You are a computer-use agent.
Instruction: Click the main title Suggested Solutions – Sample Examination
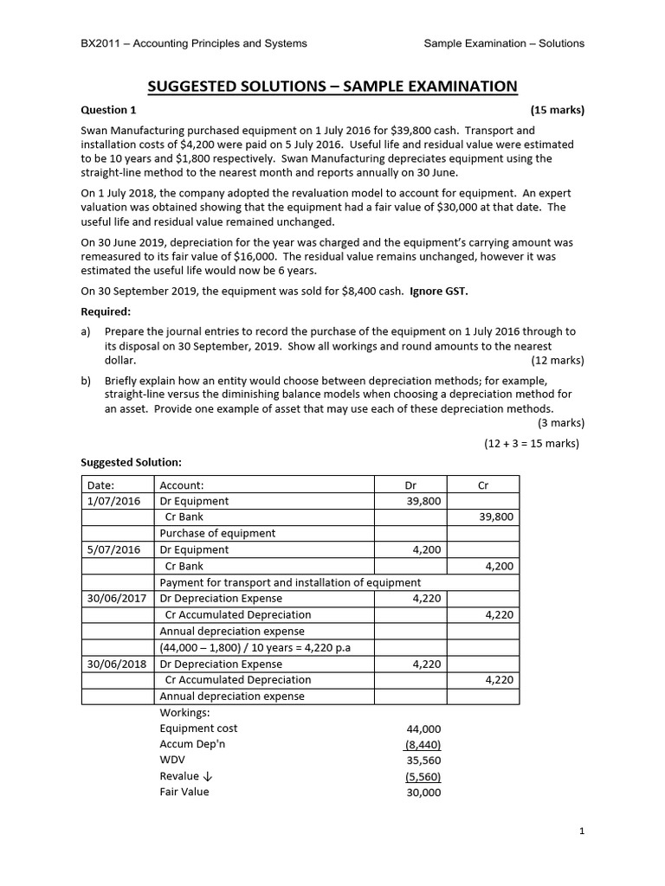click(332, 86)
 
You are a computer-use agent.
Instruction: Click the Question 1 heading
click(108, 110)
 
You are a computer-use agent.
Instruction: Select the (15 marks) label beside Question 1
click(557, 110)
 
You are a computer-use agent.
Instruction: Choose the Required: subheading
click(106, 311)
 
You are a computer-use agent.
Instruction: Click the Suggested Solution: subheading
click(131, 462)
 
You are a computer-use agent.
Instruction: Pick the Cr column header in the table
click(483, 485)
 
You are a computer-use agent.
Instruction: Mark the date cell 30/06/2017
click(117, 598)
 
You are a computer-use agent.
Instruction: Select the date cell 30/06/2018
click(117, 664)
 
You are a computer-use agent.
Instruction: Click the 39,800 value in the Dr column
click(424, 501)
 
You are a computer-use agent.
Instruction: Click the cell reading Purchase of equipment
click(217, 533)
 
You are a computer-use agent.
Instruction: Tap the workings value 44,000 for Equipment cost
click(423, 729)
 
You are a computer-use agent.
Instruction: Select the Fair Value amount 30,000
click(423, 793)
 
